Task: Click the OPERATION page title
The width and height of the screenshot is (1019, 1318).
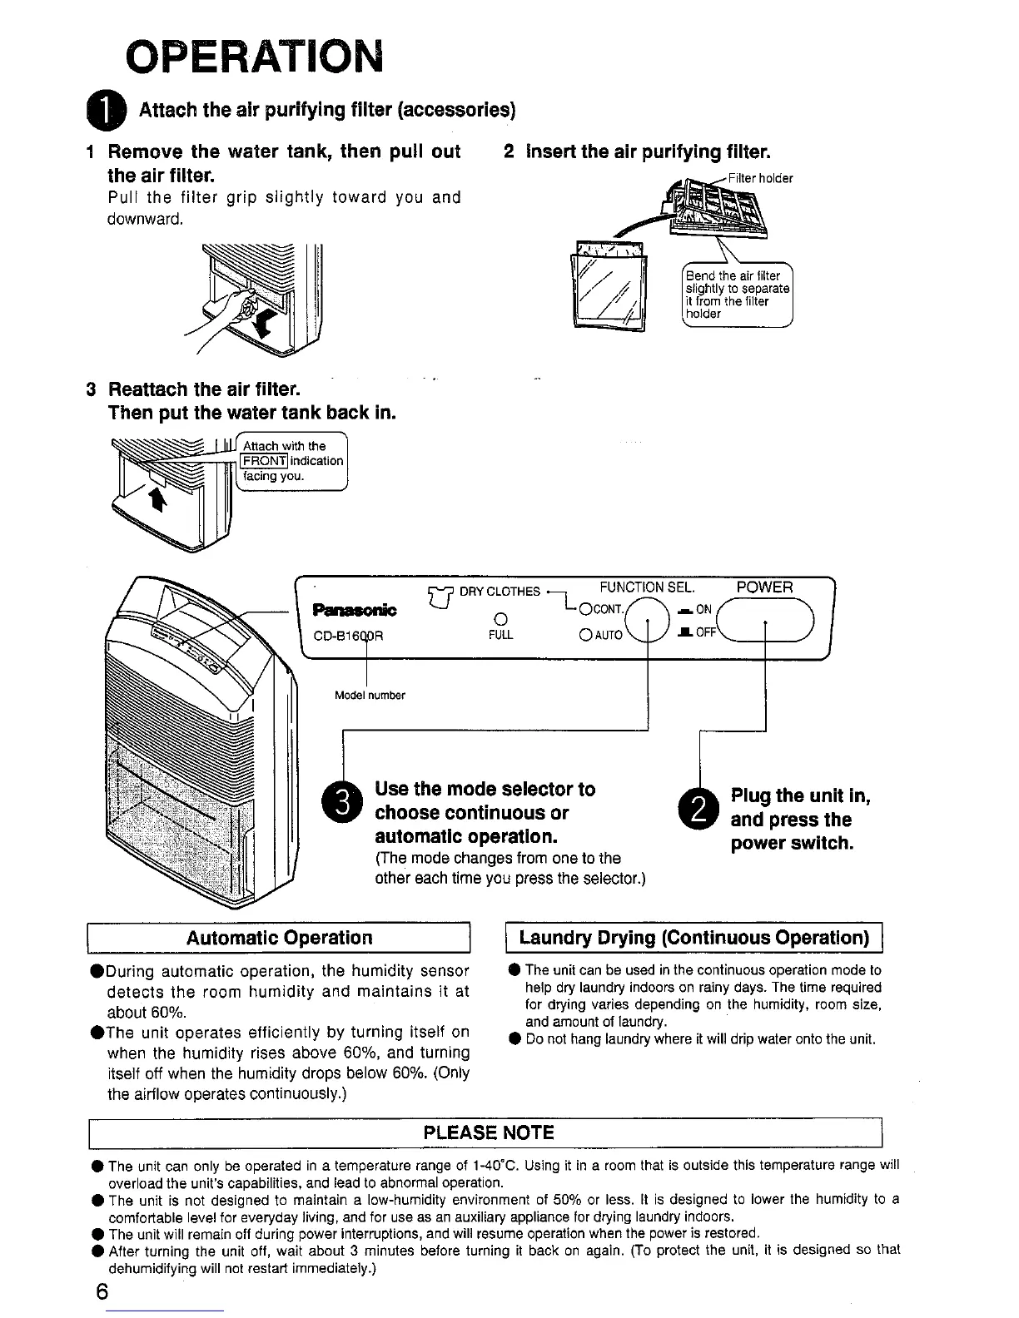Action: (x=253, y=57)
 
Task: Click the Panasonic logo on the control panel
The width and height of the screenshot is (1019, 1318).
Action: (x=355, y=611)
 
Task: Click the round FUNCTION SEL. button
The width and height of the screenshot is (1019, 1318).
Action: (x=648, y=622)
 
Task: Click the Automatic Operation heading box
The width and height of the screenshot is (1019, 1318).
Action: (x=280, y=938)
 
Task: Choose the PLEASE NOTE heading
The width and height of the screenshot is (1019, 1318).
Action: (x=489, y=1132)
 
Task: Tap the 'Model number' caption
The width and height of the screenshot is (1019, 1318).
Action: (x=370, y=695)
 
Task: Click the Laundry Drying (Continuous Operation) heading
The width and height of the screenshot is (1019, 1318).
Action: (x=693, y=938)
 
